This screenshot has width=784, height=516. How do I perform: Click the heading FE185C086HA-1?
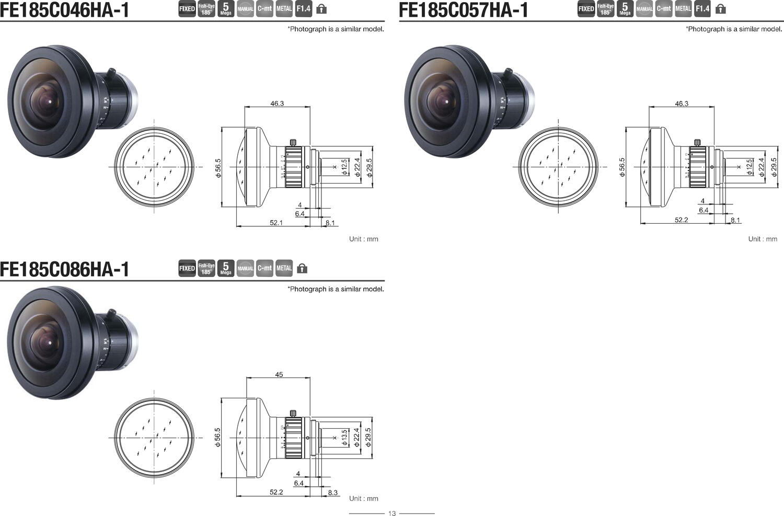coord(64,269)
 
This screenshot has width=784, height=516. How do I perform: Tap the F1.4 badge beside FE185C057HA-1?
coord(702,9)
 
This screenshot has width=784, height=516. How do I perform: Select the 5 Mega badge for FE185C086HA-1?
coord(226,268)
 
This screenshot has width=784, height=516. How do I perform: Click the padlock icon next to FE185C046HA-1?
coord(321,9)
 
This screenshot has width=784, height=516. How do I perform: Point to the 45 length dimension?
coord(279,374)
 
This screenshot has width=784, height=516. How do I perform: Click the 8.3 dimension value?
coord(332,492)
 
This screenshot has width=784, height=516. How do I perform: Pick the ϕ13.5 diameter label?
coord(344,437)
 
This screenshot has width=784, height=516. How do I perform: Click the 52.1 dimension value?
coord(276,223)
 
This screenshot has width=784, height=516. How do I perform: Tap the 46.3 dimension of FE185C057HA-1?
coord(682,104)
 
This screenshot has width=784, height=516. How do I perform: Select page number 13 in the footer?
coord(392,513)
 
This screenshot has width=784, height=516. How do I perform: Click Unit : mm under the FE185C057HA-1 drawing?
coord(762,239)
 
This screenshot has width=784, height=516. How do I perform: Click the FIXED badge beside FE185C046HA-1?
coord(187,9)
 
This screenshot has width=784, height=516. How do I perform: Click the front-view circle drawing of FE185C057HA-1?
coord(558,167)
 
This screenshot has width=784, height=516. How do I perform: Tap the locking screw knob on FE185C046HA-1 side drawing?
coord(294,142)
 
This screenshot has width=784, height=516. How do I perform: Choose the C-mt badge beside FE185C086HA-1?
coord(264,268)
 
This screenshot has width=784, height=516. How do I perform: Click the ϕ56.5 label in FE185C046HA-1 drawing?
coord(218,168)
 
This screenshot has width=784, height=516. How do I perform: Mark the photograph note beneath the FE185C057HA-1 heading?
coord(733,29)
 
